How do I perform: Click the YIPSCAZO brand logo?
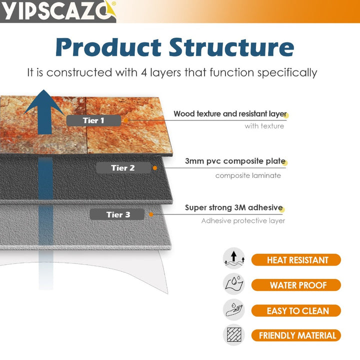[58, 11]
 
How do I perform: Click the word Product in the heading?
[108, 47]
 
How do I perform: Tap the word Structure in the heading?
[231, 47]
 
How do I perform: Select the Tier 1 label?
[94, 120]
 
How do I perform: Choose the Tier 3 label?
[118, 214]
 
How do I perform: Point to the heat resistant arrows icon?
[233, 258]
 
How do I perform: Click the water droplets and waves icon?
[233, 284]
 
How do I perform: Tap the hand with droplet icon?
[233, 309]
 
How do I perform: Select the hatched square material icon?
[233, 334]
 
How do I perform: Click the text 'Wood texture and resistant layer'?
[230, 114]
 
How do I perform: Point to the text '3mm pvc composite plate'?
[234, 161]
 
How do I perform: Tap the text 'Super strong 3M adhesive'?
[233, 208]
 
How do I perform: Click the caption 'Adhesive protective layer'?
[243, 221]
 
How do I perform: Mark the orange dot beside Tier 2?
[155, 168]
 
